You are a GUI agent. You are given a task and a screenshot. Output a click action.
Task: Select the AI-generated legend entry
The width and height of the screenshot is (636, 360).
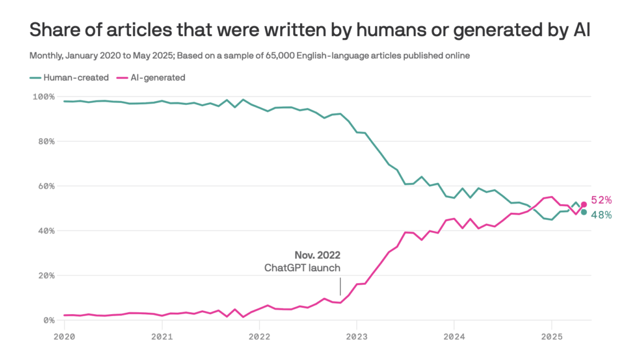point(153,78)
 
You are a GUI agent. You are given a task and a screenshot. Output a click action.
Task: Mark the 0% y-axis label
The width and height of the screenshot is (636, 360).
point(47,320)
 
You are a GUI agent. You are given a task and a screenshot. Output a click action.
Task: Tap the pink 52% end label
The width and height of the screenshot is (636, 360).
point(601,200)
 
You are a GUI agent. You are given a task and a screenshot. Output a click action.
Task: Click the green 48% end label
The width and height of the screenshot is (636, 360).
point(601,215)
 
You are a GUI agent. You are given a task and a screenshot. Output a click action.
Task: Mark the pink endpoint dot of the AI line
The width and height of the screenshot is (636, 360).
point(584,204)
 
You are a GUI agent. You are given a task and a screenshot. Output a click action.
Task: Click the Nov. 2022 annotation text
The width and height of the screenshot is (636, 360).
point(317,255)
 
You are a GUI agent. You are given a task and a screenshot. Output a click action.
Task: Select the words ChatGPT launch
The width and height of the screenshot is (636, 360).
point(302,268)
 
